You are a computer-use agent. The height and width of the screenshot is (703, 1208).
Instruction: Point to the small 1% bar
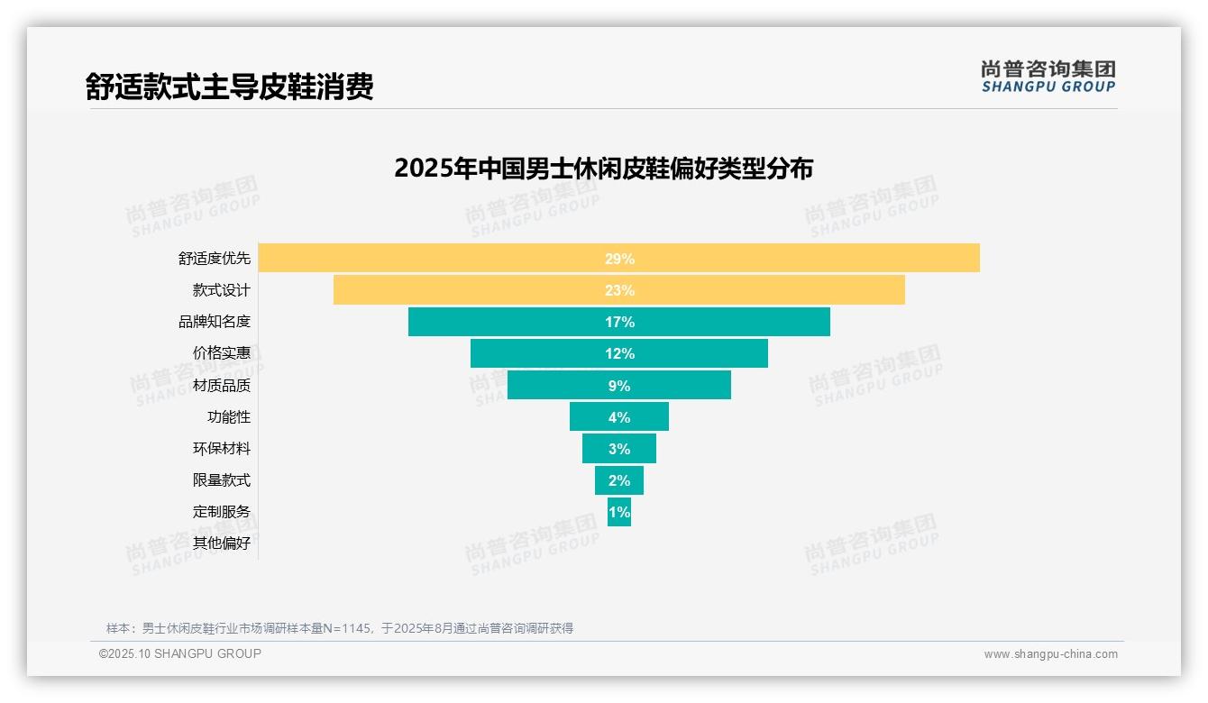[618, 512]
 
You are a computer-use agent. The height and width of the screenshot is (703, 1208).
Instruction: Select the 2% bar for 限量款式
[618, 480]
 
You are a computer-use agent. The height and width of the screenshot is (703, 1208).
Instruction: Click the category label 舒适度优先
[214, 259]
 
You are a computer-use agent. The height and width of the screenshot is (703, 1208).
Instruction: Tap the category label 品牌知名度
[214, 322]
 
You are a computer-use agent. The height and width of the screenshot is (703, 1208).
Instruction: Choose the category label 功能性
[229, 417]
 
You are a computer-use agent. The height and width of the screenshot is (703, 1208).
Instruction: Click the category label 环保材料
[221, 449]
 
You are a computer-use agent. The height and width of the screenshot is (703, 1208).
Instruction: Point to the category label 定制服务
[221, 512]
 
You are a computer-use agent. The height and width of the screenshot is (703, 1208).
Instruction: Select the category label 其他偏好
[221, 543]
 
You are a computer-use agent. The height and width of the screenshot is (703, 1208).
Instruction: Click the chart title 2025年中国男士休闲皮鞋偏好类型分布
[603, 169]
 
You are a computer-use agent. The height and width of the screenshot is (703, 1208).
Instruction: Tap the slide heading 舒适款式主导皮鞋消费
[229, 87]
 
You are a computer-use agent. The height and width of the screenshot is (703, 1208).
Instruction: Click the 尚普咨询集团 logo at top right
[1048, 76]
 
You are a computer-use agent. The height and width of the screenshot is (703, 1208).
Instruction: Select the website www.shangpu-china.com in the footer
[1050, 654]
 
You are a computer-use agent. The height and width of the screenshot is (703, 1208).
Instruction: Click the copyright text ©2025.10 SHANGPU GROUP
[180, 654]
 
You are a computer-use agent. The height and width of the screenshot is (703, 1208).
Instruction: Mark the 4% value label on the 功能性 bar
[618, 417]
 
